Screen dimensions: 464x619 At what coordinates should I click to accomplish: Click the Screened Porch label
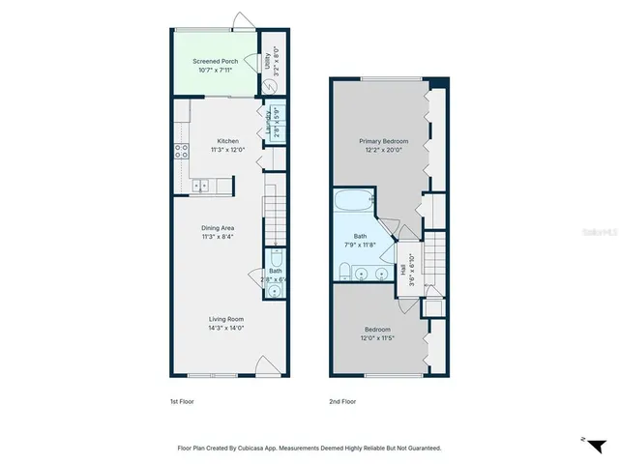[215, 61]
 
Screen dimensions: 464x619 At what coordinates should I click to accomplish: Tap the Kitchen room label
[227, 141]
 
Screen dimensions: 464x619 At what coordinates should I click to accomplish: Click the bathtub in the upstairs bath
[353, 202]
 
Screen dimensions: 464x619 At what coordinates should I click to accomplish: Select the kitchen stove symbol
[180, 150]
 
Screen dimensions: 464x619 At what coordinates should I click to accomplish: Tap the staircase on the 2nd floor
[436, 260]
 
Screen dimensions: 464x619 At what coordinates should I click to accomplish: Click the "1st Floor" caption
[182, 400]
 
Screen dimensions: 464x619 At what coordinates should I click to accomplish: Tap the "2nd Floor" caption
[343, 400]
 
